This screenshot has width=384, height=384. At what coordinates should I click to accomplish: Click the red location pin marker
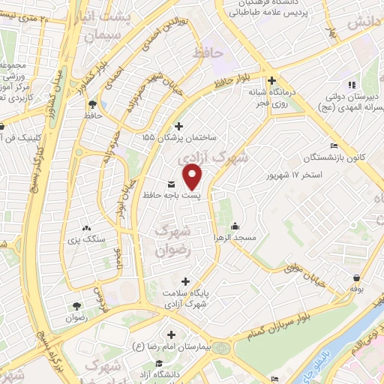click(x=193, y=177)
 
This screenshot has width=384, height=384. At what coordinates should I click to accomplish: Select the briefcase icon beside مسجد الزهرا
click(x=234, y=226)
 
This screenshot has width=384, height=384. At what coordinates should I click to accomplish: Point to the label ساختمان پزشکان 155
click(x=178, y=139)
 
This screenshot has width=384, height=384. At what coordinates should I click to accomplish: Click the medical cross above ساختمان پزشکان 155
click(x=178, y=126)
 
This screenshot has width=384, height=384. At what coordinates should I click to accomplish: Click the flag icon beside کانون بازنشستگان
click(x=334, y=145)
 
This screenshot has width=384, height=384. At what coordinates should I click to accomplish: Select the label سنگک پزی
click(x=84, y=240)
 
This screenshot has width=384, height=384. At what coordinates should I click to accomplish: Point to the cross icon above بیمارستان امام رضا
click(x=171, y=334)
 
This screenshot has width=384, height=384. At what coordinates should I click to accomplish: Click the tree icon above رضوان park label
click(x=76, y=305)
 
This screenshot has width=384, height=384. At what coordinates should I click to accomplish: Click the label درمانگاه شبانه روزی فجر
click(x=274, y=98)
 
